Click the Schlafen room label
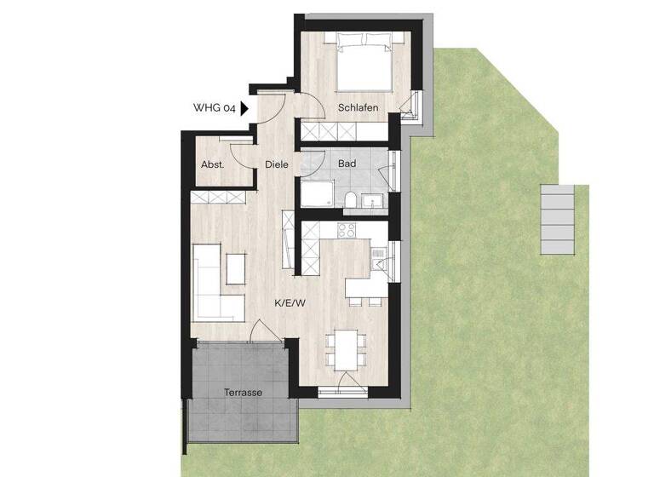tap(358, 108)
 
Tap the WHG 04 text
tap(215, 108)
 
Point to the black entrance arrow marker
tap(244, 108)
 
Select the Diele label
tap(276, 164)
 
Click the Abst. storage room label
tap(212, 164)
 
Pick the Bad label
tap(347, 163)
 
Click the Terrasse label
tap(243, 393)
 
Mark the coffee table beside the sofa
tap(235, 267)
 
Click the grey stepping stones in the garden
tap(559, 219)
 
